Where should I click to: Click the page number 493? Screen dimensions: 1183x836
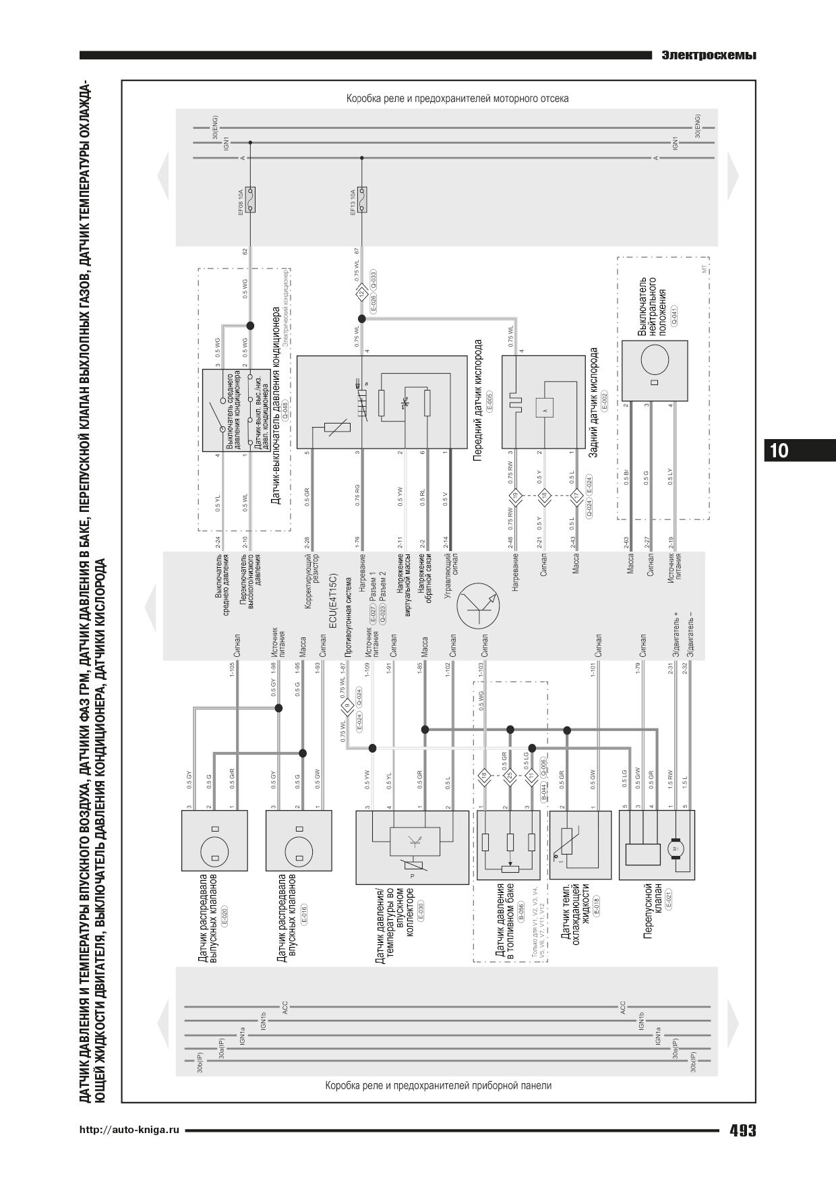[x=742, y=1130]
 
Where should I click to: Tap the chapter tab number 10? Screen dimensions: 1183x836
[x=779, y=450]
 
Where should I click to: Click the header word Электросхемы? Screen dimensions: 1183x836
[x=708, y=55]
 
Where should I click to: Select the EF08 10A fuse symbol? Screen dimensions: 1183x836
[x=250, y=200]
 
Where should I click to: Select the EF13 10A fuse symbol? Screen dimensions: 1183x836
[x=362, y=200]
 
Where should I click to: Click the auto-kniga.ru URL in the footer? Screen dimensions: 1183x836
[x=130, y=1130]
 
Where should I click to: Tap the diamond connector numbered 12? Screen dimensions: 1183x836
[x=362, y=293]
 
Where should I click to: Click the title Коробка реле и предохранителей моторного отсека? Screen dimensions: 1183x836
[x=457, y=98]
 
